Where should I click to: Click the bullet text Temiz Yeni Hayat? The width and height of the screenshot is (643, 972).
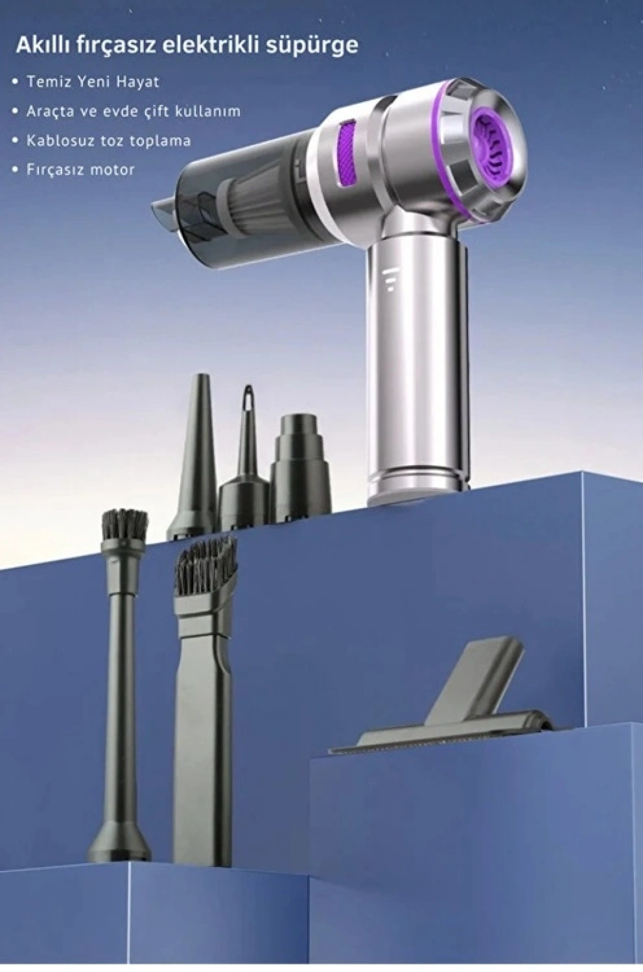coord(94,82)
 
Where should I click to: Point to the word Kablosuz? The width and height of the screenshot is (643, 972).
coord(66,141)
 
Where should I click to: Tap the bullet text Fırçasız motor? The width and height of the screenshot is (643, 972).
coord(81,170)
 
